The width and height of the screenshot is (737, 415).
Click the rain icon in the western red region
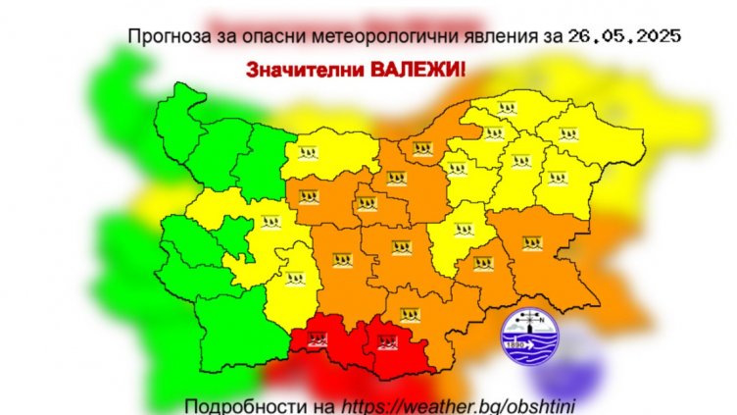tap(317, 340)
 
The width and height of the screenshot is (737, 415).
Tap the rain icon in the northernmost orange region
tap(422, 150)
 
